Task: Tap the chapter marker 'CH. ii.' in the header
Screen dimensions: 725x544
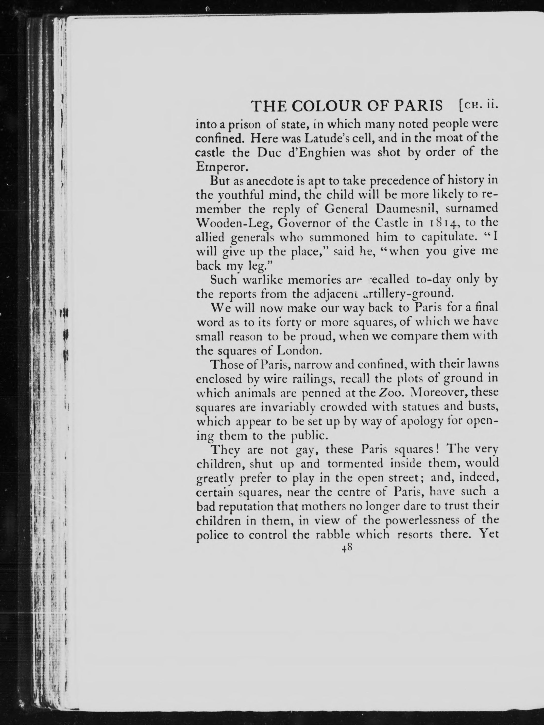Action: click(x=479, y=106)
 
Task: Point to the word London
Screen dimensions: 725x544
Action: click(x=298, y=351)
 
